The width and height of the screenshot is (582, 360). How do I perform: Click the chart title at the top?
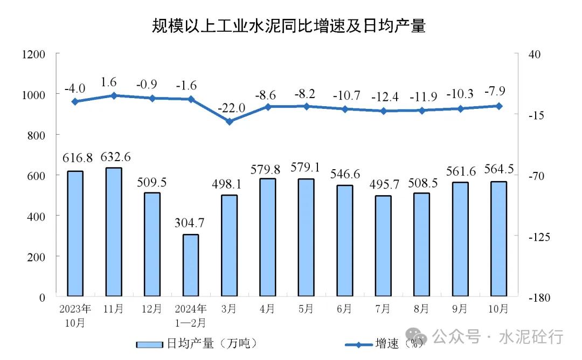coord(289,25)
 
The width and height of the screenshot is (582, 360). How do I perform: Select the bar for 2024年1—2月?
coord(191,265)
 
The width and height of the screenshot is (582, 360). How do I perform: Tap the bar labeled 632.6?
coord(114,232)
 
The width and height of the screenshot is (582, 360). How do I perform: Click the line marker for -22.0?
coord(229,121)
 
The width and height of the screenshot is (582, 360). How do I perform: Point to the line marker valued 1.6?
coord(114,95)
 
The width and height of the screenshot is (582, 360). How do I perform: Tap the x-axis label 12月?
coord(152,309)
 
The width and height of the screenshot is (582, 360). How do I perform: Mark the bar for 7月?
coord(384,246)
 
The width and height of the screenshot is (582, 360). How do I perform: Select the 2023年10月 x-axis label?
coord(75,316)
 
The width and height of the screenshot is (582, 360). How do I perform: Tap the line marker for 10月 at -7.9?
coord(499,106)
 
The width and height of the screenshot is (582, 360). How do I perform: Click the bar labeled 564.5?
coord(499,239)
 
